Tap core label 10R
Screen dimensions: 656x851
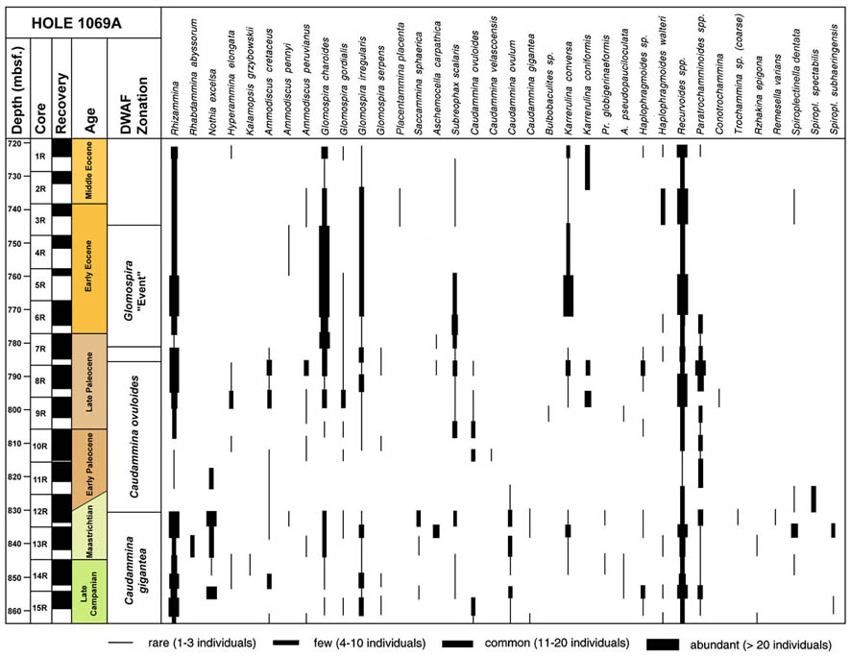coord(40,447)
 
